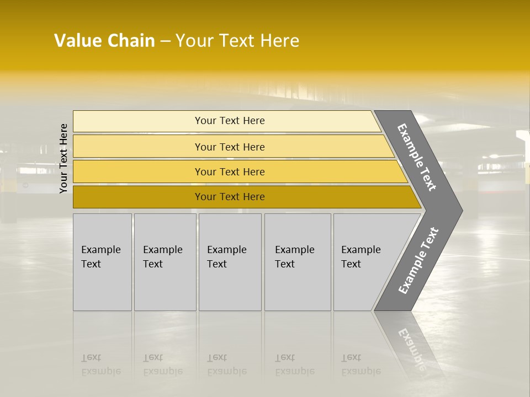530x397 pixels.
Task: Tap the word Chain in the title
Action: point(131,41)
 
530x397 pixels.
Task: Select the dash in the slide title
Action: point(165,41)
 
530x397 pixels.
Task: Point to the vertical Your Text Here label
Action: point(63,158)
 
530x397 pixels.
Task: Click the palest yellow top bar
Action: point(138,121)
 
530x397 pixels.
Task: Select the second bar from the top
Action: point(138,147)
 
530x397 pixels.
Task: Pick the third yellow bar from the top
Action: point(138,171)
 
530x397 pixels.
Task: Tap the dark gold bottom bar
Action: point(138,197)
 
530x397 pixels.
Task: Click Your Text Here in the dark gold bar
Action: point(230,197)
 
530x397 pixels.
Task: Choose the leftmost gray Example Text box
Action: point(102,262)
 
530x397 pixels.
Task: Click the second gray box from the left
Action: point(165,262)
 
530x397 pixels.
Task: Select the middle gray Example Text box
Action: point(230,262)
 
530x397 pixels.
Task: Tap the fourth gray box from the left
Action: point(297,262)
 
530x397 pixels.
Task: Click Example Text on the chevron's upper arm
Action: point(417,157)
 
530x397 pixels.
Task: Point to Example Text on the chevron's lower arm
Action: point(418,260)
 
